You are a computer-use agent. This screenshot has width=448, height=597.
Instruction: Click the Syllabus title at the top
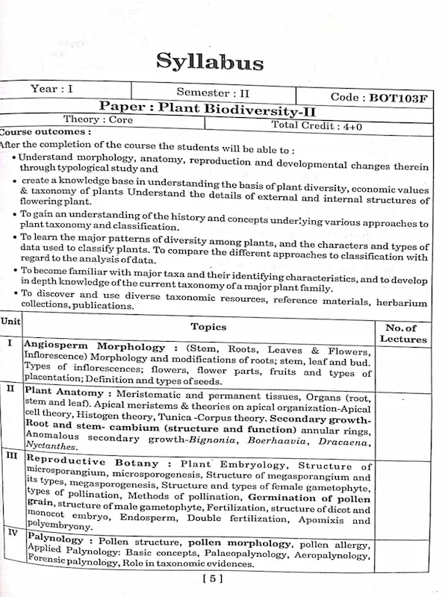click(x=210, y=60)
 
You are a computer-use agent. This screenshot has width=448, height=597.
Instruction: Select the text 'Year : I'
click(x=52, y=90)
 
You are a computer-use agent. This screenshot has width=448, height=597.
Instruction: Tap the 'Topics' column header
click(x=228, y=326)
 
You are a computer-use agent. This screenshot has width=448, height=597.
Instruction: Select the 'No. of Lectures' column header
click(x=403, y=333)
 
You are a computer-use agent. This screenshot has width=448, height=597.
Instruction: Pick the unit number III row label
click(x=12, y=454)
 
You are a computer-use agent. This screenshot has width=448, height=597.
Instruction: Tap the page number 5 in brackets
click(x=212, y=578)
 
